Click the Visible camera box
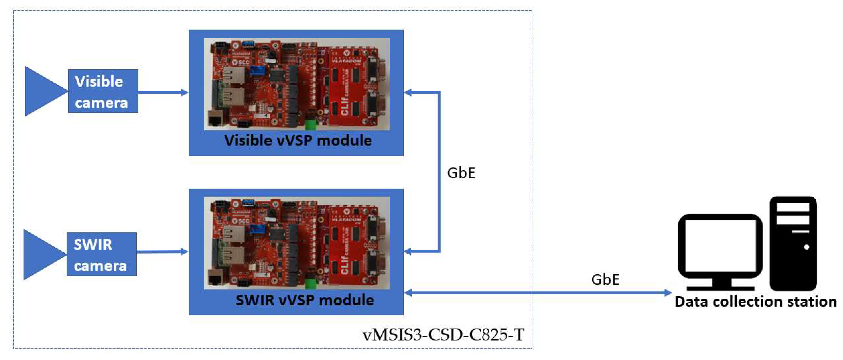click(103, 91)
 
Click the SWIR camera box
click(101, 254)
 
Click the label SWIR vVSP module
click(305, 300)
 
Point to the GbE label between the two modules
click(461, 173)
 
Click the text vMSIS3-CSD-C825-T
click(443, 335)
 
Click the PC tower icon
click(793, 244)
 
